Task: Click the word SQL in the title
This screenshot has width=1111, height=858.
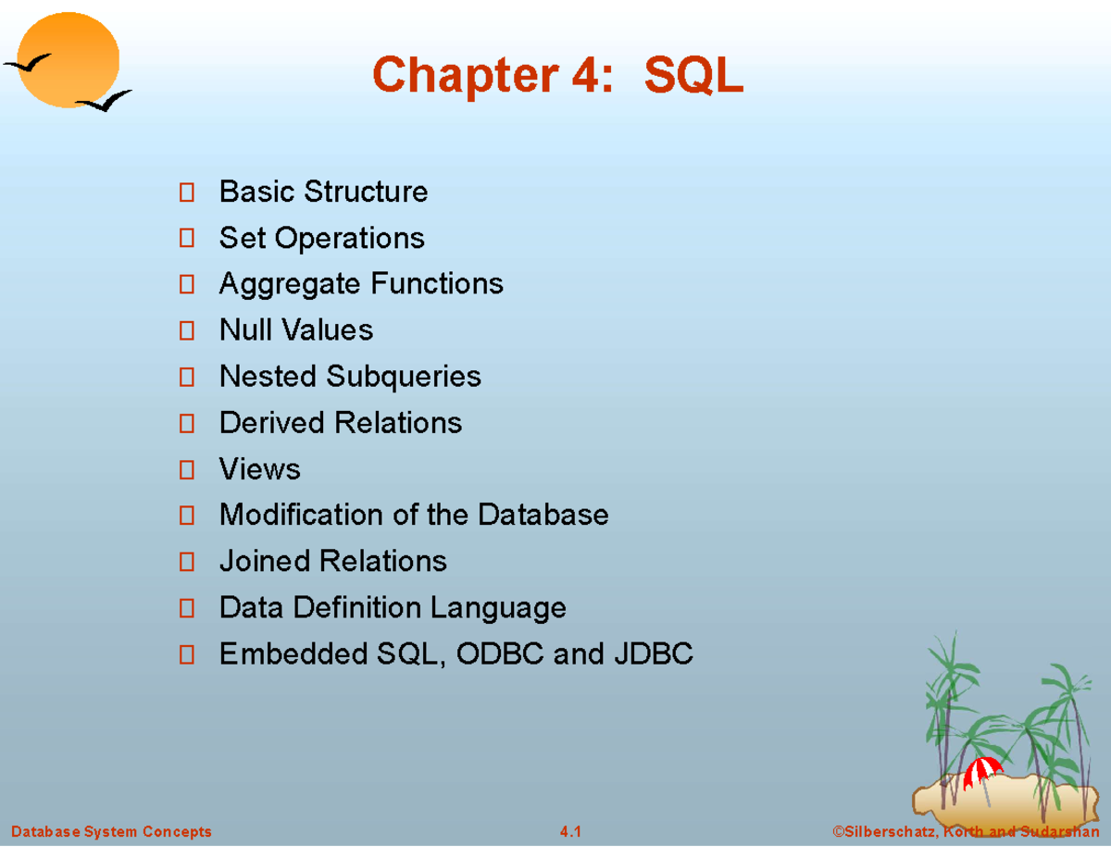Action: (x=693, y=76)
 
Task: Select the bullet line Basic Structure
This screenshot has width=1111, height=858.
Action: (x=323, y=193)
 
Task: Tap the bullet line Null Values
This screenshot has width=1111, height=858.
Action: (x=295, y=330)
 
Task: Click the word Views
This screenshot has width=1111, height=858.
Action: (x=259, y=469)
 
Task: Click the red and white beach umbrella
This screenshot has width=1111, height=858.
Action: (x=981, y=771)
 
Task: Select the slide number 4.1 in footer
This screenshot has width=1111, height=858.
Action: (x=570, y=831)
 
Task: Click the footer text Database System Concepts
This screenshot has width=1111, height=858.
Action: (x=111, y=831)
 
